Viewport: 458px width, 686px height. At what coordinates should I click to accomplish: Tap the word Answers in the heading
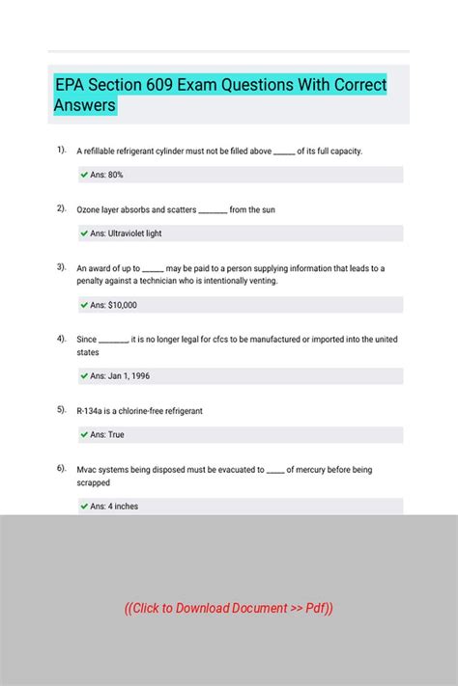(x=85, y=104)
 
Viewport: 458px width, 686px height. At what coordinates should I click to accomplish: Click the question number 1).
(x=61, y=150)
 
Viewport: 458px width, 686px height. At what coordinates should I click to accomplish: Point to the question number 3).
(x=61, y=266)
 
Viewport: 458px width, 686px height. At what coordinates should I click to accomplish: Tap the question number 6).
(x=61, y=468)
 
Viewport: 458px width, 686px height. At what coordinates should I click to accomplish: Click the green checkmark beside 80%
(x=85, y=175)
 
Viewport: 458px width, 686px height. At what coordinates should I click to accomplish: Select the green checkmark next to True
(x=85, y=434)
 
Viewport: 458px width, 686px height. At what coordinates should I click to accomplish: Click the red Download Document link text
(x=229, y=608)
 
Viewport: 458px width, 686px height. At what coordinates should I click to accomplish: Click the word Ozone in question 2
(x=90, y=209)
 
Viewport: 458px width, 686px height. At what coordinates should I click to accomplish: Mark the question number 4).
(x=61, y=338)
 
